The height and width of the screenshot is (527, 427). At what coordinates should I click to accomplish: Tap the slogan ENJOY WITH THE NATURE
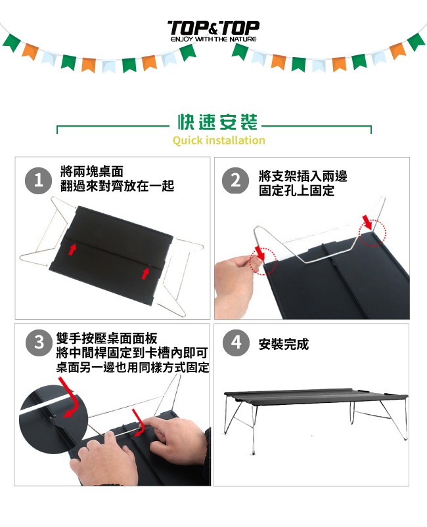[x=213, y=39]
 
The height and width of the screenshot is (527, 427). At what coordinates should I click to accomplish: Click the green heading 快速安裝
[x=217, y=122]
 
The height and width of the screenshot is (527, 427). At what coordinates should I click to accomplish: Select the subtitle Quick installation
[x=219, y=140]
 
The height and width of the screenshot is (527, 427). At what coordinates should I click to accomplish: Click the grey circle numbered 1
[x=38, y=180]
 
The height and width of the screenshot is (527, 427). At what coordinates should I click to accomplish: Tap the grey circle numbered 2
[x=236, y=180]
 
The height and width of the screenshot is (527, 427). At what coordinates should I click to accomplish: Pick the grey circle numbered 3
[x=39, y=343]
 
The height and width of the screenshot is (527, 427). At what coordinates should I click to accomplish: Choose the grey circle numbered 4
[x=236, y=343]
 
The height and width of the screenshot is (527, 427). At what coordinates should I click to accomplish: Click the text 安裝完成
[x=284, y=344]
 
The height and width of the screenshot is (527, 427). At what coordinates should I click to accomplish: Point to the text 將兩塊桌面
[x=92, y=171]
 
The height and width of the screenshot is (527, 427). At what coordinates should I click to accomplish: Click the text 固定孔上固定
[x=296, y=190]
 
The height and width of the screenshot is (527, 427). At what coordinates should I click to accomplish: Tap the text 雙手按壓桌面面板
[x=106, y=339]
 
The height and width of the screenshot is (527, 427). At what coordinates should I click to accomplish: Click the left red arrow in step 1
[x=72, y=250]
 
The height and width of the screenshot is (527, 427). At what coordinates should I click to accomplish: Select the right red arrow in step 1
[x=145, y=274]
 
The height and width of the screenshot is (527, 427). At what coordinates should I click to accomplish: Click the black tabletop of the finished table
[x=315, y=396]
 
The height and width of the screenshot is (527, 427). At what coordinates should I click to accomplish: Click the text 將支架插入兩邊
[x=303, y=176]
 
